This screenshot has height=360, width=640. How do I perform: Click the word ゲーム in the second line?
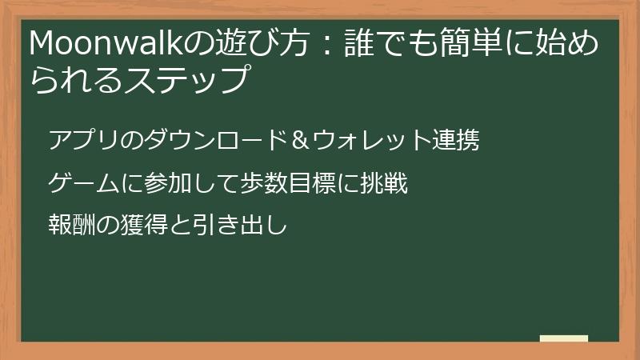click(x=83, y=185)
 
